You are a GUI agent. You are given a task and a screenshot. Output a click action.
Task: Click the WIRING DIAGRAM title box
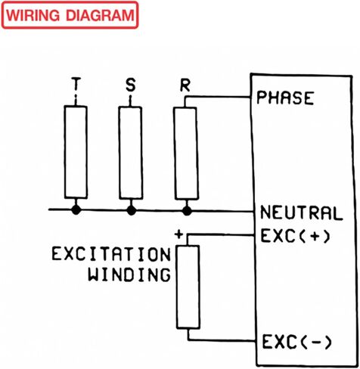(70, 15)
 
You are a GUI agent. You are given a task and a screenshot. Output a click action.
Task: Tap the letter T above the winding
(76, 84)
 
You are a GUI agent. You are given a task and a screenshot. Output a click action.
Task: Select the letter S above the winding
(130, 85)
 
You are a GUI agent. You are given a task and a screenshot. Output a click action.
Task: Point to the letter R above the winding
(185, 85)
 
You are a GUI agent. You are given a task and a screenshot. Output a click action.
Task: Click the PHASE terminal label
(285, 98)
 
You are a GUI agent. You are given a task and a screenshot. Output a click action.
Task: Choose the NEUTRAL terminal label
(301, 213)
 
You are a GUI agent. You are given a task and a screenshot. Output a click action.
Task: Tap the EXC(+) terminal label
(295, 236)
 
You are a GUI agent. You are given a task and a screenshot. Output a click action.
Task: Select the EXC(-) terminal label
(296, 343)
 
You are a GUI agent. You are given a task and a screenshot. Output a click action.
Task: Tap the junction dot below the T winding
(76, 209)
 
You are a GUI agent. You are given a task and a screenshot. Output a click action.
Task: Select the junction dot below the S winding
(131, 210)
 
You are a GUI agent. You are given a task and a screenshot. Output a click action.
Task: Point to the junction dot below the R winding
(187, 211)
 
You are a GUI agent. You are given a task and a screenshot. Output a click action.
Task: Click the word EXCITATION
(111, 254)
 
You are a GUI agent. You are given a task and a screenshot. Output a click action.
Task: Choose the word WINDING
(129, 274)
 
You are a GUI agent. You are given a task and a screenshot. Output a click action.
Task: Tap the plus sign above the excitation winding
(178, 234)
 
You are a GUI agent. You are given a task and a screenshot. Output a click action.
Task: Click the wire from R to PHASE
(217, 97)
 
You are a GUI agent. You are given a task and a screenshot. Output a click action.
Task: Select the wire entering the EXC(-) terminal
(222, 340)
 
